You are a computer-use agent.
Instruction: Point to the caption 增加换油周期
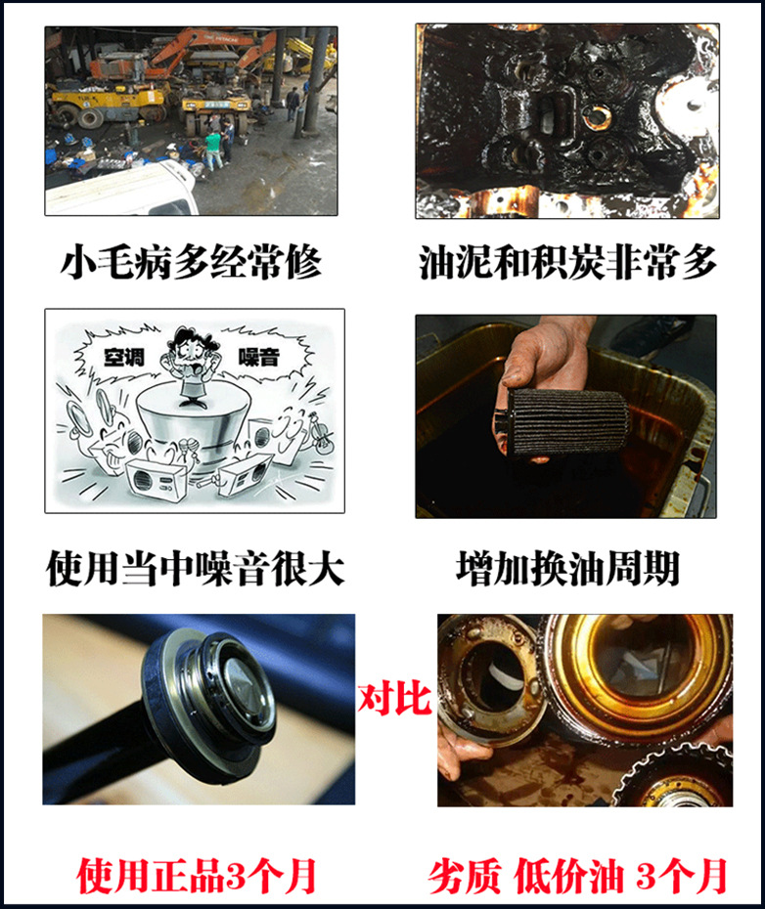(567, 568)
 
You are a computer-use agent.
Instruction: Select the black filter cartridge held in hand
(562, 420)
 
